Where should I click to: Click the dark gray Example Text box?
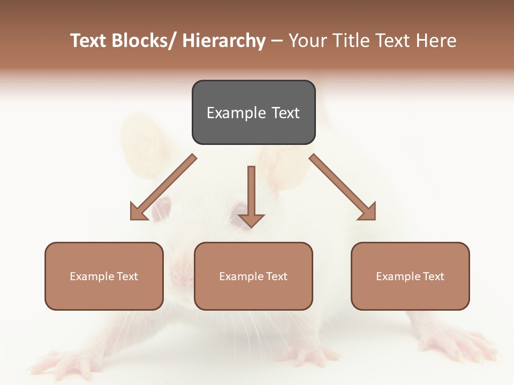pos(253,112)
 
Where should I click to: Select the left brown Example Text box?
pos(104,276)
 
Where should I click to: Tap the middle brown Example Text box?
pos(253,276)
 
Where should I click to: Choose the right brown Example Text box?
pos(410,276)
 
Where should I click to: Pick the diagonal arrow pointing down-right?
pos(343,188)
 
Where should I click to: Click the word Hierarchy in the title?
pos(224,41)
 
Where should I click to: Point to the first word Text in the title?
pos(89,41)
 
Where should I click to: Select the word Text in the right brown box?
pos(433,276)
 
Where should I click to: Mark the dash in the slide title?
pos(277,41)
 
